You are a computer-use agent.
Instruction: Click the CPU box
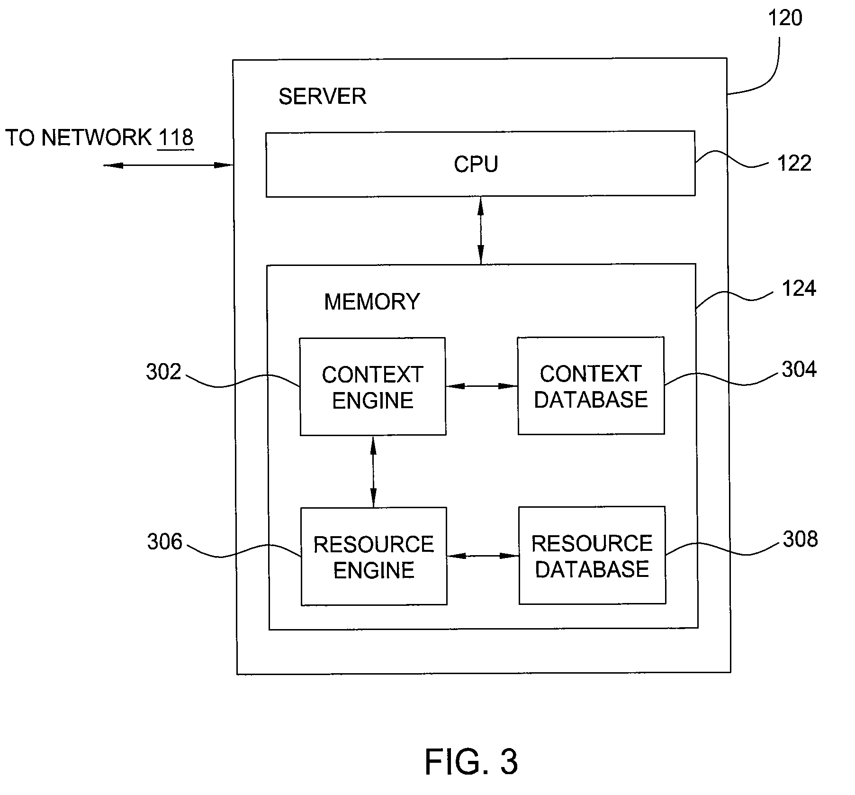click(x=480, y=164)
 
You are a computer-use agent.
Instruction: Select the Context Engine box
click(x=373, y=386)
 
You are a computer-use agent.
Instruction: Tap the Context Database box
click(x=591, y=385)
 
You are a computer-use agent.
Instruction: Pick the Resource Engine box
click(x=374, y=556)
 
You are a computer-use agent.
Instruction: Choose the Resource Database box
click(x=592, y=555)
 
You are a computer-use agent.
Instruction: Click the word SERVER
click(x=323, y=97)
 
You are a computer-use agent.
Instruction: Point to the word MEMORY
click(x=372, y=302)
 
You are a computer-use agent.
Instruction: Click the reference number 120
click(x=785, y=18)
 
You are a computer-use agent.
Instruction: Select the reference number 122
click(x=794, y=164)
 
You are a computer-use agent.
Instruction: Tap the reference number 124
click(x=799, y=289)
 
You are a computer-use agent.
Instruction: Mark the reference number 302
click(x=163, y=372)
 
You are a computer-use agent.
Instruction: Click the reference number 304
click(x=800, y=369)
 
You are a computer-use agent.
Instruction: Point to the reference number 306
click(x=164, y=542)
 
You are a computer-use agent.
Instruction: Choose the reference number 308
click(x=801, y=539)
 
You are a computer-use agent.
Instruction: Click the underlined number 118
click(x=176, y=138)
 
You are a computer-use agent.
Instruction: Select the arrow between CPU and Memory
click(x=481, y=230)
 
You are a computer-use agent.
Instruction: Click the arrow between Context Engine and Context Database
click(x=482, y=386)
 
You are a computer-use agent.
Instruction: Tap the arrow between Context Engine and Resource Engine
click(x=373, y=472)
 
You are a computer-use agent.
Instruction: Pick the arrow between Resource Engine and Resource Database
click(x=483, y=556)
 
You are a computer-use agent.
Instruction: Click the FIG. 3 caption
click(x=471, y=762)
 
